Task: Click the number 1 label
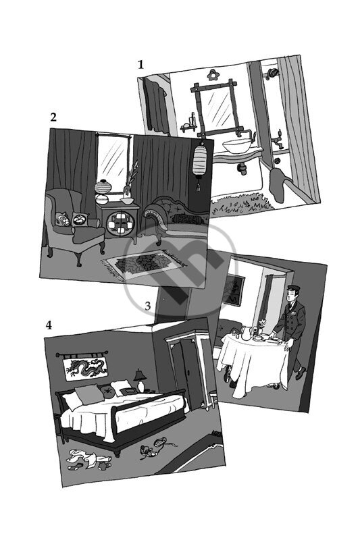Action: pyautogui.click(x=140, y=64)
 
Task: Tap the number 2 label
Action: pyautogui.click(x=53, y=117)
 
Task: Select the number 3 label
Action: pyautogui.click(x=147, y=306)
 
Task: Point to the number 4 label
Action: pyautogui.click(x=49, y=325)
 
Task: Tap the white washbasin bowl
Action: pyautogui.click(x=238, y=146)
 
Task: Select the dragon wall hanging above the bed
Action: pyautogui.click(x=85, y=367)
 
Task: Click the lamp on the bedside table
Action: pyautogui.click(x=140, y=381)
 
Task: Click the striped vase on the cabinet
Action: pyautogui.click(x=103, y=187)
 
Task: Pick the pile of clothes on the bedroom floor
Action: pyautogui.click(x=88, y=460)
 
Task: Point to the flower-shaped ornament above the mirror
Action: pyautogui.click(x=211, y=75)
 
